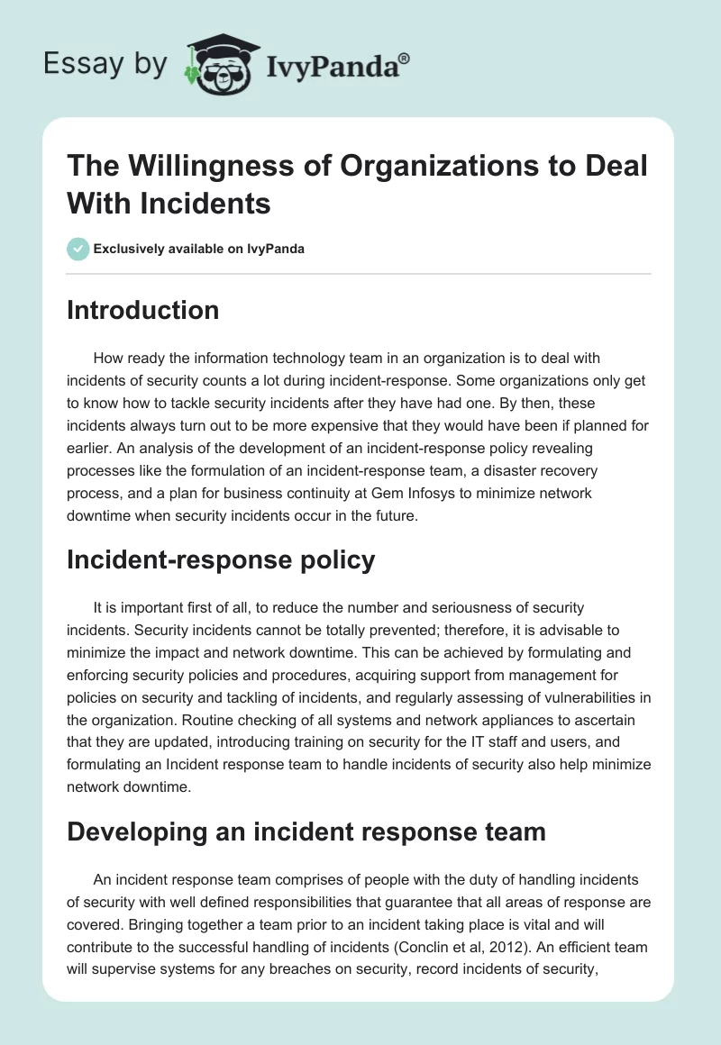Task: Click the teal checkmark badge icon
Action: tap(78, 249)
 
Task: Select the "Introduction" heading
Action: tap(142, 310)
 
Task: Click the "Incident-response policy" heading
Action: tap(221, 559)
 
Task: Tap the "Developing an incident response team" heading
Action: tap(306, 831)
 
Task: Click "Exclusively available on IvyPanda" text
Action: tap(199, 249)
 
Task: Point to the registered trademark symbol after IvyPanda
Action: tap(405, 56)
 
